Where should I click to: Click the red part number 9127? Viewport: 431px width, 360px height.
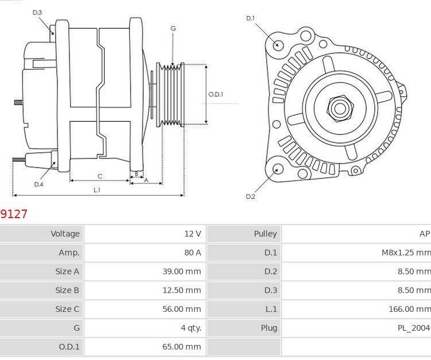14,214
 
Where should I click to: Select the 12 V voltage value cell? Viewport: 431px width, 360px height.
193,234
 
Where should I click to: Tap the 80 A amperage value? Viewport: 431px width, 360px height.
193,253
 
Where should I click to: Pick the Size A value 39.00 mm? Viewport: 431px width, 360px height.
182,272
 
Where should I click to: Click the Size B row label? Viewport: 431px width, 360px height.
67,290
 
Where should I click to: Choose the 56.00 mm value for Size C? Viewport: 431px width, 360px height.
182,309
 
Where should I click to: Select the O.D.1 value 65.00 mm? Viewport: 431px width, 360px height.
182,347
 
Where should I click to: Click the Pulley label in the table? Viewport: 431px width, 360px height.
265,234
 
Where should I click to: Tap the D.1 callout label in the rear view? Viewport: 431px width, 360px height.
250,18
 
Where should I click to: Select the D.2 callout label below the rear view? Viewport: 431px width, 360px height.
250,196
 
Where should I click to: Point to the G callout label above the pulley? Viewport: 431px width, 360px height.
173,28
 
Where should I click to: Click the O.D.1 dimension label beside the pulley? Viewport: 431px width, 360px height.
215,94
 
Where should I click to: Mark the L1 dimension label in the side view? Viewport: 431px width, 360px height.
97,189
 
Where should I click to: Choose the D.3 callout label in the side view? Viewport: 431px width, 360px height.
37,12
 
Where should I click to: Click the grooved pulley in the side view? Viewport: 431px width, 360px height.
171,94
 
